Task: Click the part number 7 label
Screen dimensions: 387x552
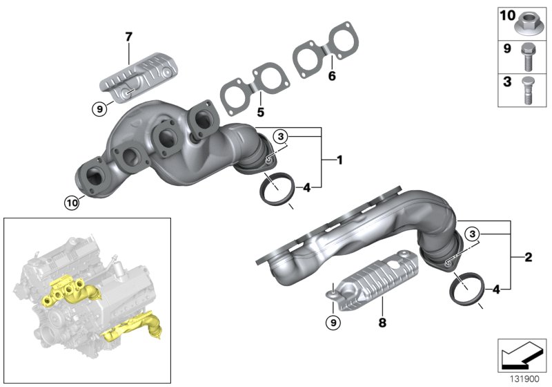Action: [x=128, y=37]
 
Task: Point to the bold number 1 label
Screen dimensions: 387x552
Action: [x=339, y=160]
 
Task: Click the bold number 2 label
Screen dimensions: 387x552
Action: [x=528, y=258]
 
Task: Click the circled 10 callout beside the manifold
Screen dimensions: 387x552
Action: [x=72, y=202]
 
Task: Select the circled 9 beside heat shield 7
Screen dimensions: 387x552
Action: [x=100, y=107]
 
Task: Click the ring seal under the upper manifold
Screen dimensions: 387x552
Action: [x=275, y=187]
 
